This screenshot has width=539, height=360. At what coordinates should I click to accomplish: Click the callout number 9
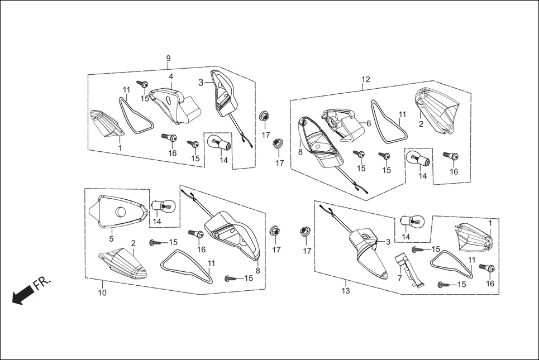[168, 59]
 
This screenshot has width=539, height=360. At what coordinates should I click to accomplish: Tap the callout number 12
[365, 79]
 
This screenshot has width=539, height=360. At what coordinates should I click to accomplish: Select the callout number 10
[102, 292]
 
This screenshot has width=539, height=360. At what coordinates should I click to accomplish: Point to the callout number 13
[346, 291]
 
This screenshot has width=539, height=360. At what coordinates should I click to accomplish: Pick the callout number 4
[171, 76]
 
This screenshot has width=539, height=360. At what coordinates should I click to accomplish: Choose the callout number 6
[369, 123]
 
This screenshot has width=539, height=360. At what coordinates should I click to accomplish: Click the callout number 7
[400, 277]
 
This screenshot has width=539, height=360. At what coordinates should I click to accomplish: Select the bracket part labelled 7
[408, 271]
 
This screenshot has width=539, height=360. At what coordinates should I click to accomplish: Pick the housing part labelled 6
[344, 124]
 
